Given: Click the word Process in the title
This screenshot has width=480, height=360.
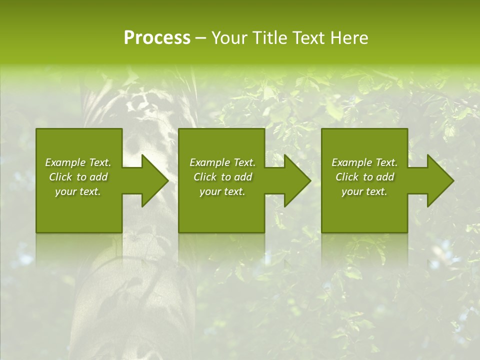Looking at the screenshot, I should point(157,38).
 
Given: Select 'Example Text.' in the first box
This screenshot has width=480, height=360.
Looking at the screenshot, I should point(78,162).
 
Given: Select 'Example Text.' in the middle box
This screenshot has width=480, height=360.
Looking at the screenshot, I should point(222,162).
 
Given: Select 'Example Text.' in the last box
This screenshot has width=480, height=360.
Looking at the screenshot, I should point(364,162).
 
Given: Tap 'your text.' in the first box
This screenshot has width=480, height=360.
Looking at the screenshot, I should point(78,191).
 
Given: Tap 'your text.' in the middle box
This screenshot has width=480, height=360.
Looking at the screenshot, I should point(222,191).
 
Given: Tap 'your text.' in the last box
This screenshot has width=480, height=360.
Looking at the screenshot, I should point(364,191).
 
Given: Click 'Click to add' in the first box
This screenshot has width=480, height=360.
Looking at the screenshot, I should point(78,177).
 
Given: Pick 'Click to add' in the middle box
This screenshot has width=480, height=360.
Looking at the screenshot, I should point(222,177).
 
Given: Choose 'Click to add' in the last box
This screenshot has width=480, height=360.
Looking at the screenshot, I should point(364,177).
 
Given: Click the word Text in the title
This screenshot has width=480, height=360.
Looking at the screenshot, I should point(307,38).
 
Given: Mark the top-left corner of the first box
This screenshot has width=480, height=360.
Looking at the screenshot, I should point(36,129).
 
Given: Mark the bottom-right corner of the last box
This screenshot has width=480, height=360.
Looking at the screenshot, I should point(407,232).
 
